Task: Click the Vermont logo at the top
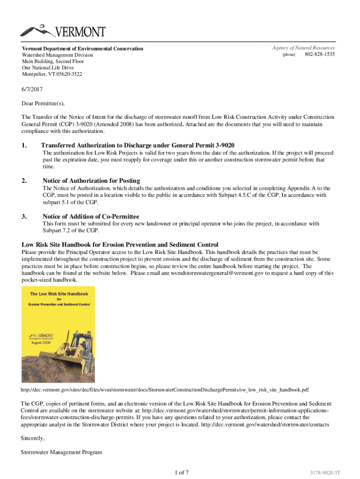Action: pos(63,32)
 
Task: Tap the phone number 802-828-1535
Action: pos(320,55)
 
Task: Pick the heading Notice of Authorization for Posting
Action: pos(91,181)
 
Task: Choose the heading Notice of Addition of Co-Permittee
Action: pos(91,217)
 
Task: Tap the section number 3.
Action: pos(24,217)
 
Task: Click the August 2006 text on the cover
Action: pos(41,342)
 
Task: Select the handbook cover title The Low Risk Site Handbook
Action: pos(58,294)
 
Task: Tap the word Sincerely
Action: pos(33,438)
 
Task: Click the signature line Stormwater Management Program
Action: pos(61,452)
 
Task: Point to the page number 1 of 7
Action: pos(180,472)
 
